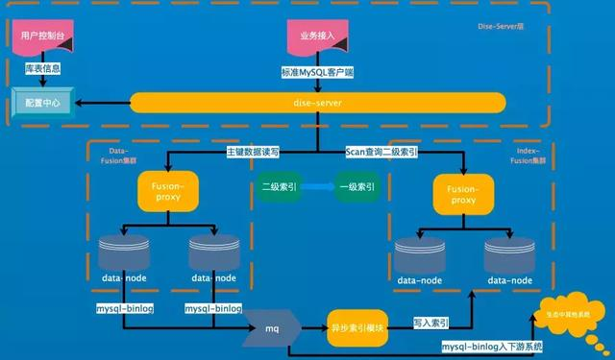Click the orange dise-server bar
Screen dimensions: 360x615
[x=317, y=102]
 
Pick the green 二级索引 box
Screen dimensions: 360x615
[x=275, y=186]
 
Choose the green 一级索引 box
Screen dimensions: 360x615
[x=358, y=186]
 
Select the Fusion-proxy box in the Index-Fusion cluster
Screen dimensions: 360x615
[x=462, y=191]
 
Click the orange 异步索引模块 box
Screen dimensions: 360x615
[x=357, y=326]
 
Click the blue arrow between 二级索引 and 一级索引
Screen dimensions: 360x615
[x=317, y=186]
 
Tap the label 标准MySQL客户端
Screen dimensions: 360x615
[x=317, y=71]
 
